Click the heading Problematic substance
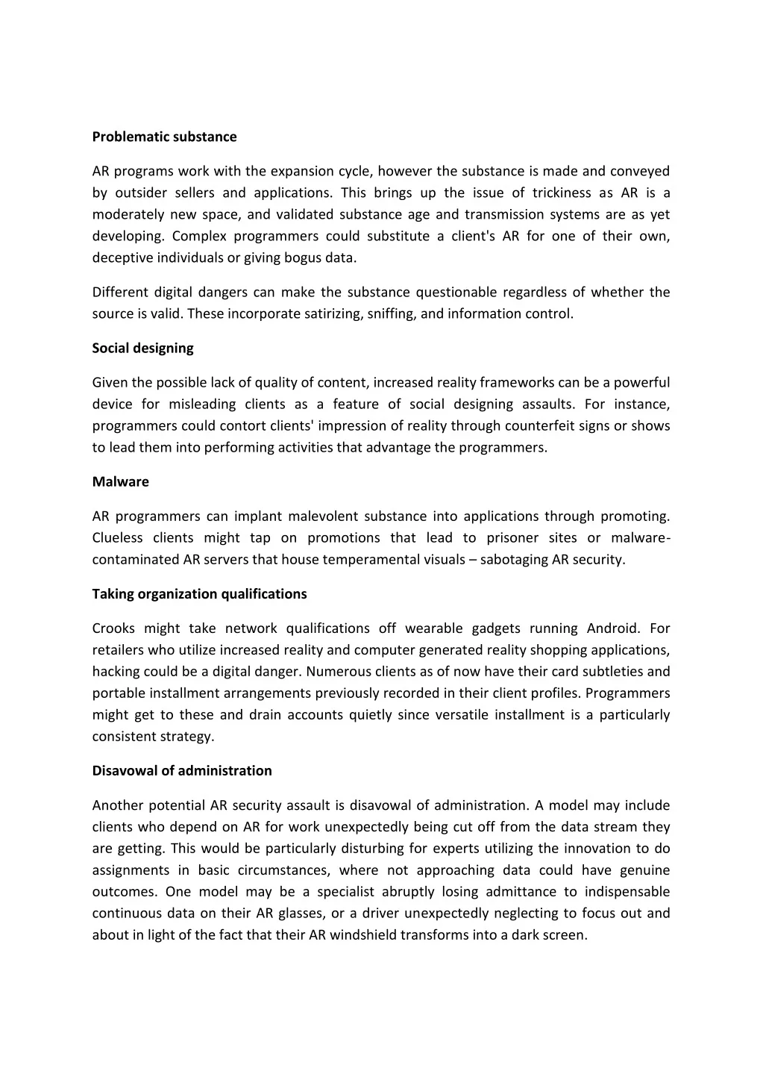(164, 137)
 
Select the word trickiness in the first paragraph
(562, 193)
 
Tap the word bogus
(307, 257)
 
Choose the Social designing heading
(142, 348)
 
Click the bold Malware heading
(120, 481)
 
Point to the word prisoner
(512, 537)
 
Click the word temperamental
(365, 559)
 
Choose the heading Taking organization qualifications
(199, 593)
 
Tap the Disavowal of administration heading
(182, 770)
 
